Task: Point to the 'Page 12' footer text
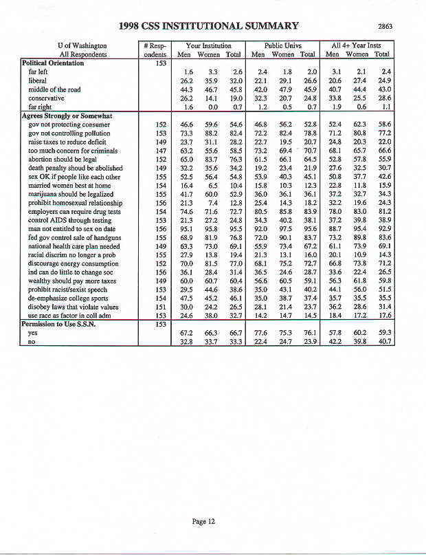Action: tap(203, 521)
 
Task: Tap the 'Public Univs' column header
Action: tap(283, 45)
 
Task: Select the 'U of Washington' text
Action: tap(82, 45)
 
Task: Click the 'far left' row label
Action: tap(38, 72)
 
